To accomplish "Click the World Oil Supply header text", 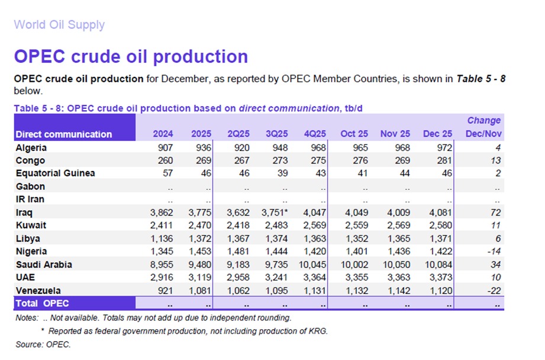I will [x=59, y=25].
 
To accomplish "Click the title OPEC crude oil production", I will [x=131, y=56].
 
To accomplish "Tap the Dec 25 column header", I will [x=438, y=134].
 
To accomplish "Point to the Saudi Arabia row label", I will [x=44, y=265].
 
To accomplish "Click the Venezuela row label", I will [x=38, y=291].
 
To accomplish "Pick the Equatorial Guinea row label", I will [x=55, y=173].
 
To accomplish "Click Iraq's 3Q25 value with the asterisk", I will [x=276, y=213].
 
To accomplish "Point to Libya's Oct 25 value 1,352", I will [x=355, y=239].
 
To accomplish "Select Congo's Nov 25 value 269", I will [x=400, y=160].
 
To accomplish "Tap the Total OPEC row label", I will [x=42, y=304].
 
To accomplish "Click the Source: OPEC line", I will [x=43, y=344].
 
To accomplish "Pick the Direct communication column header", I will [x=63, y=134].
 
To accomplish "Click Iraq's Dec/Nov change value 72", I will [x=495, y=213].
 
